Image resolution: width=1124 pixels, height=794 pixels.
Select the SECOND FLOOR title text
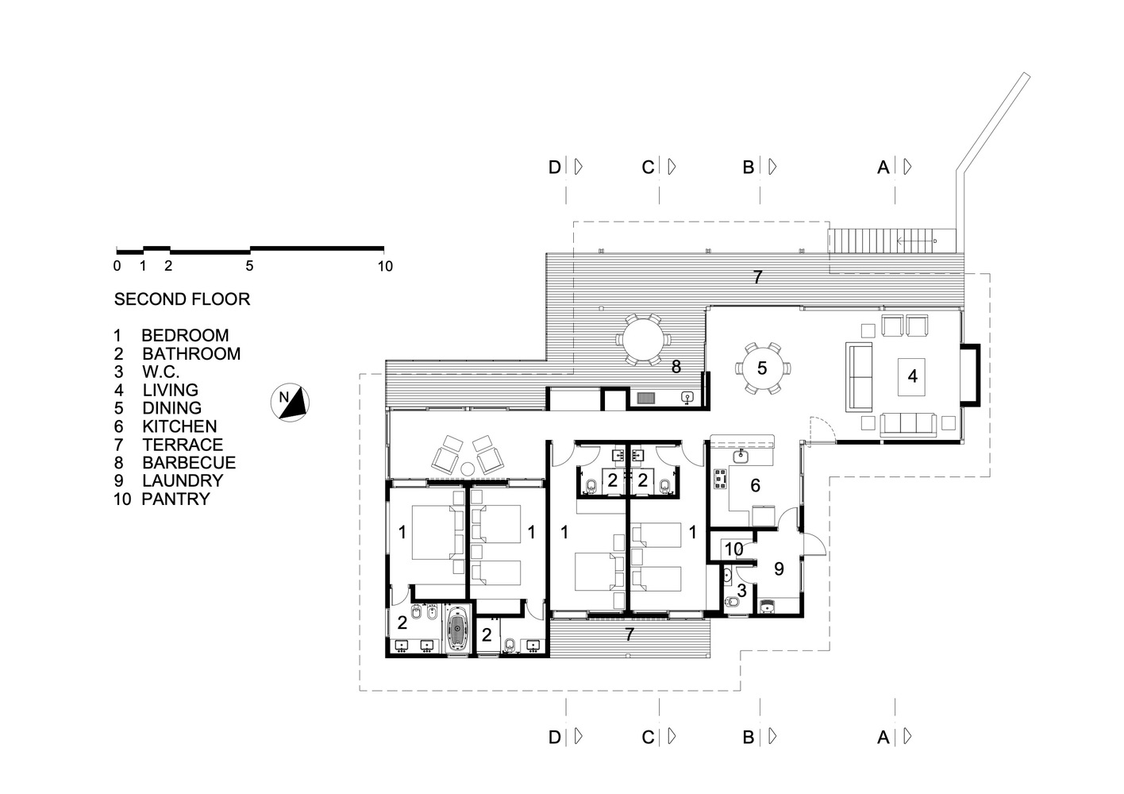point(182,299)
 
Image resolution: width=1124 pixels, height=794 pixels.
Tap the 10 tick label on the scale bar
point(384,267)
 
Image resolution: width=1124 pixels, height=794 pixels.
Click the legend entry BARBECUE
point(188,463)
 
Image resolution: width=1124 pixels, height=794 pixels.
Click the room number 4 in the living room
point(912,376)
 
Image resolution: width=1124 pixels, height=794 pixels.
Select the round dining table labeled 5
point(762,368)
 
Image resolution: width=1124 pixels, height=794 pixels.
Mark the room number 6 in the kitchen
point(755,485)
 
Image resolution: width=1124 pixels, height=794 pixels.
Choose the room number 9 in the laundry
point(778,569)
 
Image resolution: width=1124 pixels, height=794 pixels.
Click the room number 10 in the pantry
point(733,549)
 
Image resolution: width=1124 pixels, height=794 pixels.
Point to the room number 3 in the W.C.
point(741,591)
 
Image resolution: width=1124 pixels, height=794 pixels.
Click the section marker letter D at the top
point(555,168)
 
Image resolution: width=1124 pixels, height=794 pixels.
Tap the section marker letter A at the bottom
point(883,738)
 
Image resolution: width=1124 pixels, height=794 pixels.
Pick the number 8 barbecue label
point(676,367)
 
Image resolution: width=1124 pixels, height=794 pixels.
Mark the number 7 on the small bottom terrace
point(629,634)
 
